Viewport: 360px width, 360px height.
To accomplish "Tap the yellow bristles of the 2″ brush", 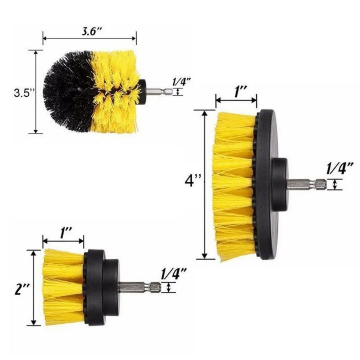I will click(63, 288).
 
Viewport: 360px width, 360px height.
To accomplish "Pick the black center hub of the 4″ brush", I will click(279, 184).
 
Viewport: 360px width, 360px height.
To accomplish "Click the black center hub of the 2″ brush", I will click(110, 287).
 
